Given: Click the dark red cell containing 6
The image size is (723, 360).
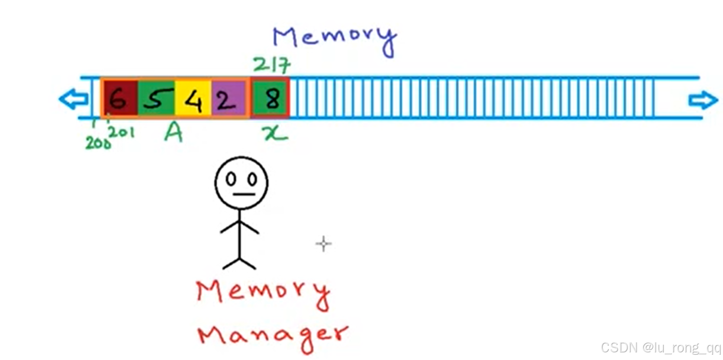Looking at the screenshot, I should click(119, 98).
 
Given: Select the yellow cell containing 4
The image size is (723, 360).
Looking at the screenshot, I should click(193, 98).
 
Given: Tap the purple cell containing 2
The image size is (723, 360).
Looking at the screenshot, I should click(228, 98).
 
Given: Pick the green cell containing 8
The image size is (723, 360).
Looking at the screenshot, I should click(270, 98).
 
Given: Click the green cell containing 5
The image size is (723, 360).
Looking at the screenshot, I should click(156, 98).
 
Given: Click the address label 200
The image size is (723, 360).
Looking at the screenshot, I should click(97, 142).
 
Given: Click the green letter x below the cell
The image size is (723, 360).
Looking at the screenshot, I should click(276, 133).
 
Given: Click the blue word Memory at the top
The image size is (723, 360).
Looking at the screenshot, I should click(334, 38).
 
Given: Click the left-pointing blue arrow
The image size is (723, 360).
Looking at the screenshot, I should click(73, 99).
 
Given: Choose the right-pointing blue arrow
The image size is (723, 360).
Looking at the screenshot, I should click(703, 100).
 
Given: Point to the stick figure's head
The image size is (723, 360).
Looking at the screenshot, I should click(241, 182).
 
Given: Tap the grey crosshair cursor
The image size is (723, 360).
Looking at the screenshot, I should click(323, 244).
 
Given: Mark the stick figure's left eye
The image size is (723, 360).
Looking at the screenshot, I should click(231, 179).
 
